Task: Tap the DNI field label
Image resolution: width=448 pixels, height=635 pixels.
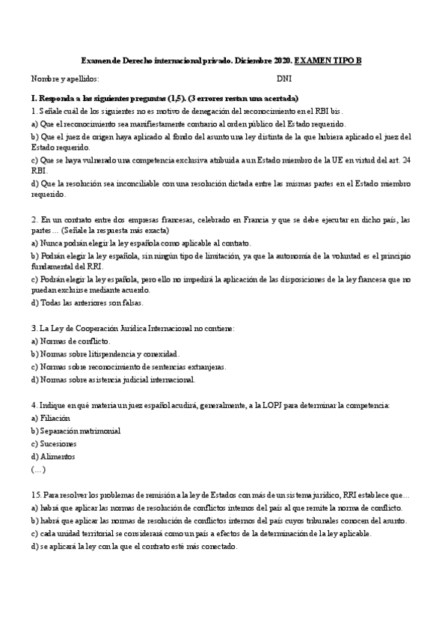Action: click(x=284, y=79)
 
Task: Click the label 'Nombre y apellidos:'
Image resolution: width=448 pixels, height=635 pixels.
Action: click(x=64, y=79)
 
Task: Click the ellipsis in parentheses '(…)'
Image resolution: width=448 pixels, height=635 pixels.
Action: click(x=38, y=470)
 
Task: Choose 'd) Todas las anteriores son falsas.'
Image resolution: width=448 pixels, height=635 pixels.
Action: click(x=87, y=303)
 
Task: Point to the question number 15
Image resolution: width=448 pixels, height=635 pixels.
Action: click(x=36, y=496)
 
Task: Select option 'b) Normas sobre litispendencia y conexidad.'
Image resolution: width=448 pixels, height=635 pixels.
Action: click(x=105, y=353)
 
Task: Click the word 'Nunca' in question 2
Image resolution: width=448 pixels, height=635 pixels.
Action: click(x=51, y=243)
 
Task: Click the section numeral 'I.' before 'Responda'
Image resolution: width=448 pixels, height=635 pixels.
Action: click(x=33, y=99)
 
